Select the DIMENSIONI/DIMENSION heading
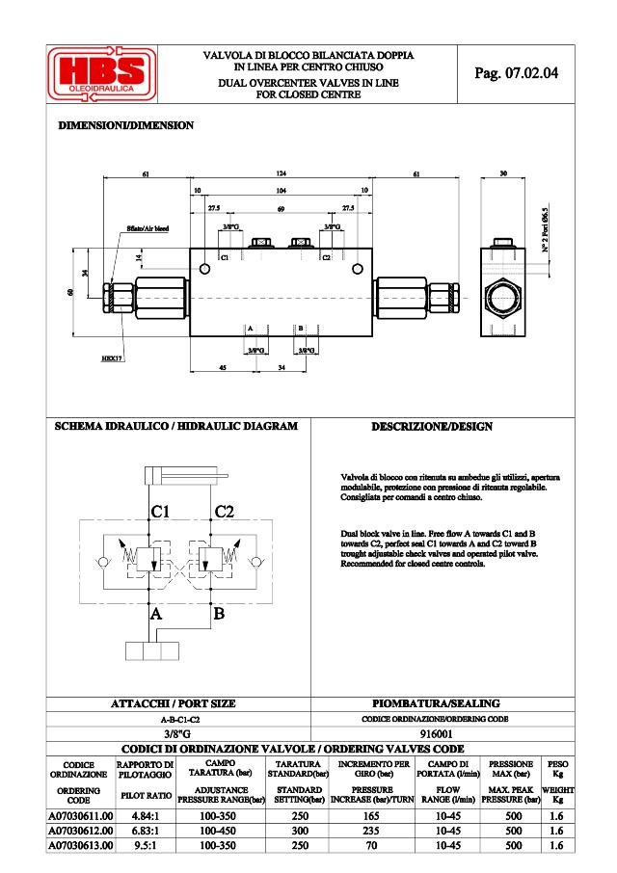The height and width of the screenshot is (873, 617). (x=126, y=126)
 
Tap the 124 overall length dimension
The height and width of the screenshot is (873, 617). (x=282, y=173)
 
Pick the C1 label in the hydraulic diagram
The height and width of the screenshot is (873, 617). (x=161, y=512)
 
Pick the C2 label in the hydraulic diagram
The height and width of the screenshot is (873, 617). (x=224, y=512)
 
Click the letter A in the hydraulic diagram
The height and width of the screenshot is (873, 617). (x=153, y=612)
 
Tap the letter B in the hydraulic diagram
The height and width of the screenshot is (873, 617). (x=218, y=612)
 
